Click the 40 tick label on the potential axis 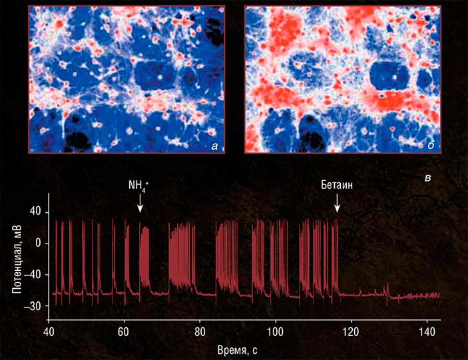click(34, 212)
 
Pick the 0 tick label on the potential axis click(38, 243)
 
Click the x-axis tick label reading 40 click(49, 331)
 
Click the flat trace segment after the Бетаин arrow click(373, 295)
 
